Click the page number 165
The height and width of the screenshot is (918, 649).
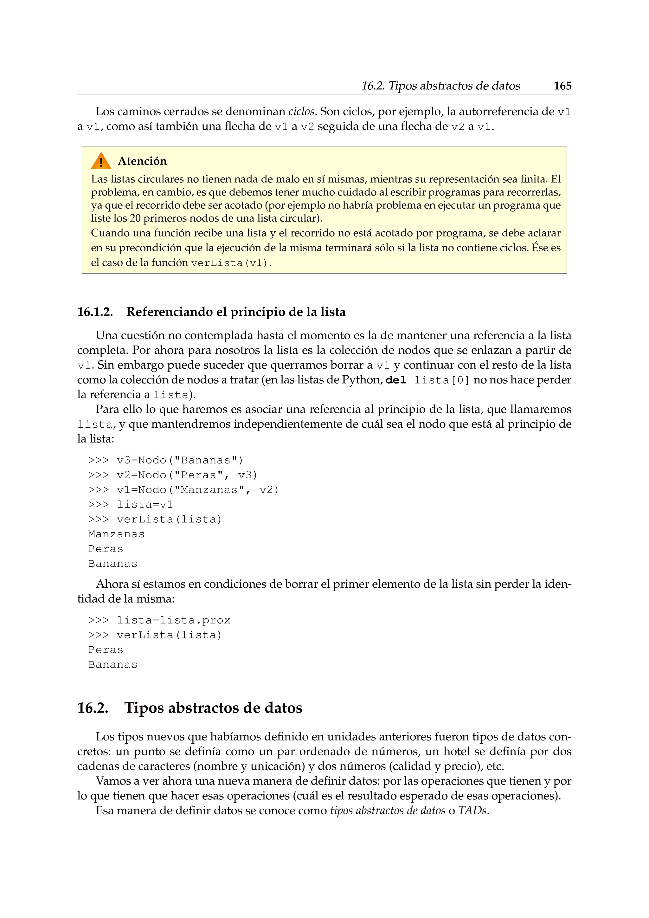[562, 86]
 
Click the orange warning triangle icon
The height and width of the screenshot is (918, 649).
[101, 161]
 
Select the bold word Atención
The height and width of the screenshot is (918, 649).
[142, 161]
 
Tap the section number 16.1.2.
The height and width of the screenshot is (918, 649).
[95, 312]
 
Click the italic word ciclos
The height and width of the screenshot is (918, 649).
[301, 112]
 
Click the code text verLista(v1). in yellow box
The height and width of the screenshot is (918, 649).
[231, 263]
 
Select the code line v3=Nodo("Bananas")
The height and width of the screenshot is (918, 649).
[179, 460]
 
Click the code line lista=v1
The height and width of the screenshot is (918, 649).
[145, 505]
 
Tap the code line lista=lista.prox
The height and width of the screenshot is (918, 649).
[173, 620]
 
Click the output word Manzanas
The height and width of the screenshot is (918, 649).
[116, 534]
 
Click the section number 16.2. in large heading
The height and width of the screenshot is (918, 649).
[93, 708]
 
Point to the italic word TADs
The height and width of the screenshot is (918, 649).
[473, 811]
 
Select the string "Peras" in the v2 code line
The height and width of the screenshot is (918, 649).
[199, 475]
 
